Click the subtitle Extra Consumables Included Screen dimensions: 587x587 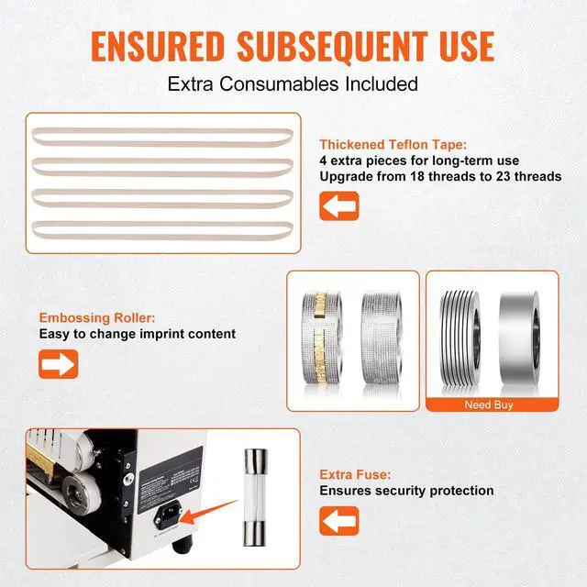tap(293, 84)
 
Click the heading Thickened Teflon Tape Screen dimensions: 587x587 tap(393, 144)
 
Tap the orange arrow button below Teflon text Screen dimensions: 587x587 tap(339, 206)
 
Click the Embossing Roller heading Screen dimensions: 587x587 tap(91, 317)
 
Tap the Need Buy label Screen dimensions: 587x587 tap(489, 404)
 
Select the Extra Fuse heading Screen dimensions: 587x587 tap(355, 474)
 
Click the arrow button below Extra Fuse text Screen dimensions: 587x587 tap(339, 521)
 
